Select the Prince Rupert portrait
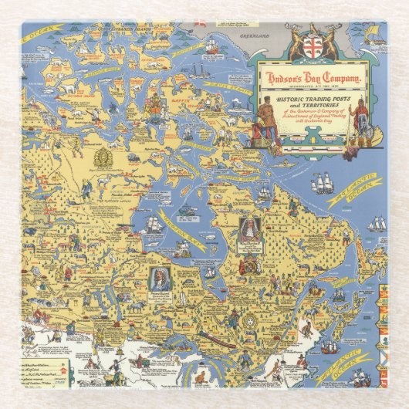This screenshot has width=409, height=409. pos(160,278)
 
